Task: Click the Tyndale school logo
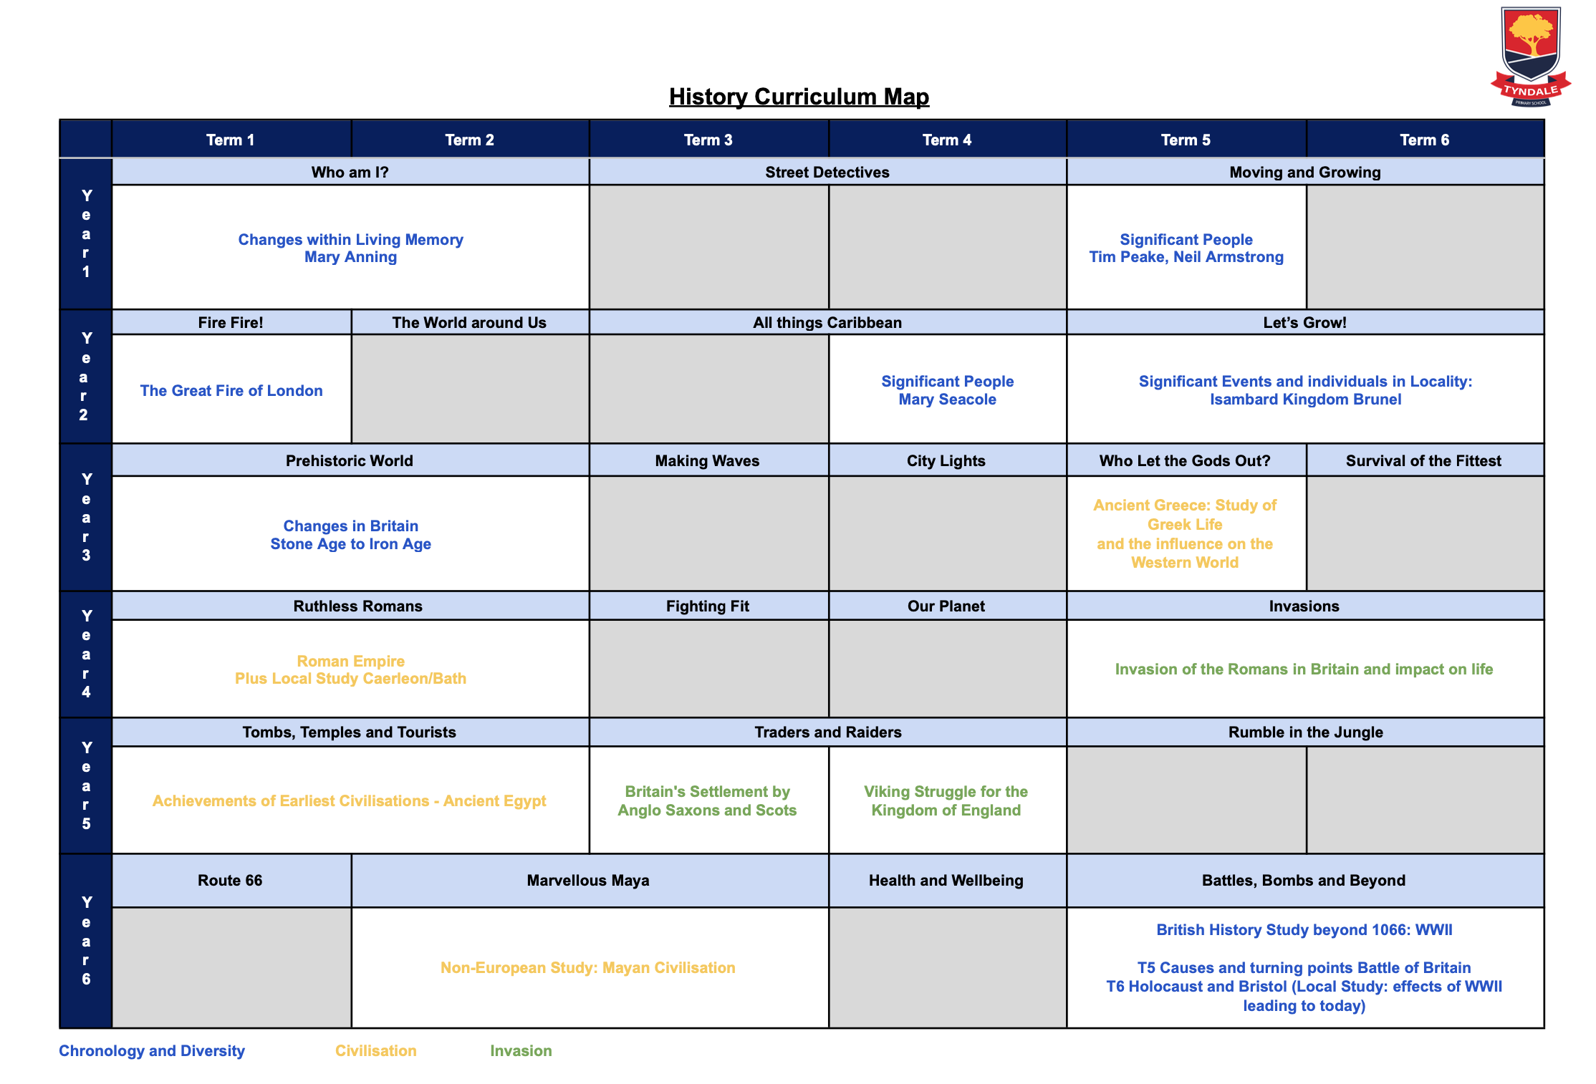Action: [1530, 56]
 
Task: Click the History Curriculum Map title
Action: [799, 97]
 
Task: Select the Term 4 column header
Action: [946, 140]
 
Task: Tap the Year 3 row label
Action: [86, 517]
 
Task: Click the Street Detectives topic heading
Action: [827, 173]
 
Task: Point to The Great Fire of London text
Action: [231, 391]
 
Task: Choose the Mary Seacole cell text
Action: [947, 400]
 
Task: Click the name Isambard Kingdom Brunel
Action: [1305, 400]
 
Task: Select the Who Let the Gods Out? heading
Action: [1185, 461]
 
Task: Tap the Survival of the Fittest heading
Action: [1423, 461]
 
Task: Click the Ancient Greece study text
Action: [1185, 533]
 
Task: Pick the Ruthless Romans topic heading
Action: [357, 606]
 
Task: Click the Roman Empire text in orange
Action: [350, 661]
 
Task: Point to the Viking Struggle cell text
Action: [946, 800]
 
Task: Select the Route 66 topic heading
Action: [230, 881]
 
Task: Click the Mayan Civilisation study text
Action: [587, 968]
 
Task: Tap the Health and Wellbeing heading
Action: [946, 881]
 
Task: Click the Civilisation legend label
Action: [375, 1051]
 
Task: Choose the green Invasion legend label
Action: [521, 1051]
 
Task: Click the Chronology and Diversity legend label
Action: [152, 1051]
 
